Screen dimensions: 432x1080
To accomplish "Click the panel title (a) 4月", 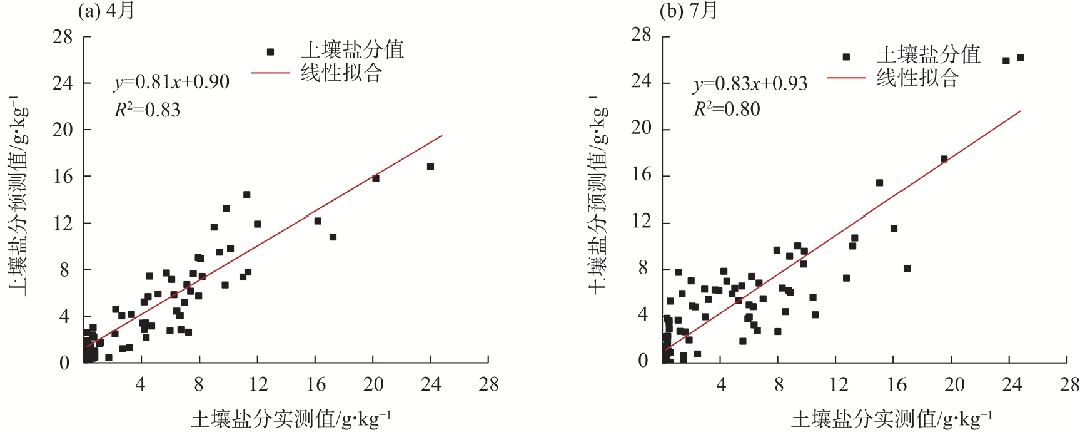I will (x=106, y=11).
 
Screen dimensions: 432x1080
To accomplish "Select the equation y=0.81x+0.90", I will (x=171, y=82).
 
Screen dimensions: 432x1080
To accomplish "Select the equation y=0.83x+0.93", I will (x=750, y=83).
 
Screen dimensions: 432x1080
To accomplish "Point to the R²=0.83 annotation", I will (x=147, y=110).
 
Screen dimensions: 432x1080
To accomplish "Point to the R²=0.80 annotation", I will (x=727, y=109).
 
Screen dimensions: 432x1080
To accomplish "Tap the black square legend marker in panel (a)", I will (x=270, y=52).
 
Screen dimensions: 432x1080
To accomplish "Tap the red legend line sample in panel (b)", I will (x=845, y=78).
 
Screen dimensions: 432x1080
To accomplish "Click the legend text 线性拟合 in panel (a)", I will (x=341, y=73).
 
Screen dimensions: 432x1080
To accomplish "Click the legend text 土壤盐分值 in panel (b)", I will (x=929, y=55).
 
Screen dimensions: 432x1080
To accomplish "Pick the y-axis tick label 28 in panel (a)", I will (x=63, y=37).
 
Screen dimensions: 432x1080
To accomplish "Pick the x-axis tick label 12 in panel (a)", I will (x=258, y=384).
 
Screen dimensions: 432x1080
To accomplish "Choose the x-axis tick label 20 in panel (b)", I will (x=954, y=384).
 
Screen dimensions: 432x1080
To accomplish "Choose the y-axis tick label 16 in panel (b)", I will (x=642, y=175).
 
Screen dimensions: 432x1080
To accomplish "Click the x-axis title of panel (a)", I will (x=291, y=418).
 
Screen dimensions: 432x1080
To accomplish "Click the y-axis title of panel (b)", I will (x=598, y=195).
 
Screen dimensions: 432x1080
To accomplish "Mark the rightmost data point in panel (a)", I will (x=430, y=167).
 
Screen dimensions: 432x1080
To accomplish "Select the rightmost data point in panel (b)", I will (x=1020, y=58).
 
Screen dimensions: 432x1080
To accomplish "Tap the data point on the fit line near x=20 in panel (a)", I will (x=376, y=178).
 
